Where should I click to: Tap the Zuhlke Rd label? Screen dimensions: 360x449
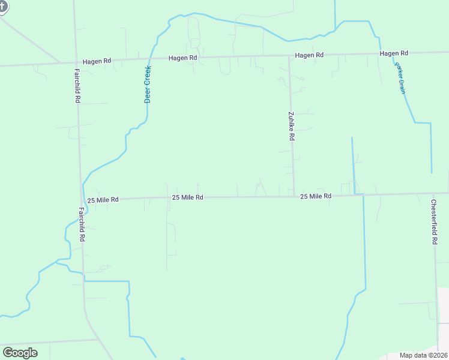click(291, 126)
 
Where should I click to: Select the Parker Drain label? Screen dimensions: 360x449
click(401, 77)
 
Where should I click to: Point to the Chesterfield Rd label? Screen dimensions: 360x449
click(434, 221)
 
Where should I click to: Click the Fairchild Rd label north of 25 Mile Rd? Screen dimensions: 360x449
click(77, 86)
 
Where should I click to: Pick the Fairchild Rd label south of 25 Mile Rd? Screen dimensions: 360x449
click(82, 224)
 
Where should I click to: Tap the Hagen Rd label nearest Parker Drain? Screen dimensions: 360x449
click(394, 54)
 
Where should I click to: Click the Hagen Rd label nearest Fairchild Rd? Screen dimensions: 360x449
click(97, 61)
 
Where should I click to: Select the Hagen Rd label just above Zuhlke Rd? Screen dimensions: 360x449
click(309, 55)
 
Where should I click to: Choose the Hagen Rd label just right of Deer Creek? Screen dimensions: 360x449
click(183, 58)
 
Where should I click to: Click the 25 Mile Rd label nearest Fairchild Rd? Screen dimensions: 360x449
click(103, 199)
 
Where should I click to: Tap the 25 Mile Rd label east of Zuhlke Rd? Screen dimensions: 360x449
click(316, 196)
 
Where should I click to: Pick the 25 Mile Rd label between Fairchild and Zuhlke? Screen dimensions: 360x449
click(188, 197)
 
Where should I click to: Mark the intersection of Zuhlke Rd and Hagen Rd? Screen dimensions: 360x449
click(289, 56)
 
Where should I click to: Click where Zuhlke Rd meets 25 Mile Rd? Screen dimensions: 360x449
click(294, 196)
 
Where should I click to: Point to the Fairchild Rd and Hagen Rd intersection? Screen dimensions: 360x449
click(76, 62)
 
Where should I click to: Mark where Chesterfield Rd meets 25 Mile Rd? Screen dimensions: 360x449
click(434, 194)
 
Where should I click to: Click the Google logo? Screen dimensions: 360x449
click(20, 353)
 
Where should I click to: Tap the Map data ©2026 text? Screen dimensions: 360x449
click(423, 355)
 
